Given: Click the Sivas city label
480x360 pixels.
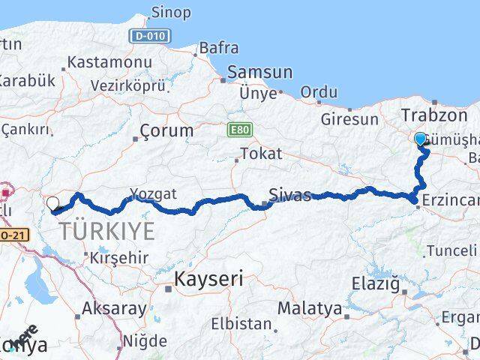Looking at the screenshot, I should (289, 196).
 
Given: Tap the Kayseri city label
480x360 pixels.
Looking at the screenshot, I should (209, 280).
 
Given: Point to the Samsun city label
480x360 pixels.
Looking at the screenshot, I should (259, 73).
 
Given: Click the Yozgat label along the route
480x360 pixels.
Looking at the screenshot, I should (153, 194).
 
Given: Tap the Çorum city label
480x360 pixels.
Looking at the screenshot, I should (167, 130).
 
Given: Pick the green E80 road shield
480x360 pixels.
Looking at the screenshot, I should (239, 130).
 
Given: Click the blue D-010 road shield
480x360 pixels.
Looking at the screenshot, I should (149, 36).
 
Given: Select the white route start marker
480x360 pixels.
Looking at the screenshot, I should (52, 202).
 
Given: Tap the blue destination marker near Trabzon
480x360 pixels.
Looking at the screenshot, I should (420, 139).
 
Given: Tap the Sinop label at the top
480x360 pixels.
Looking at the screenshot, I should (171, 13).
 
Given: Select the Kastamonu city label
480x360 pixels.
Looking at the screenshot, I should (109, 62).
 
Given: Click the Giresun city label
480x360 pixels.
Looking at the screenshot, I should (349, 119).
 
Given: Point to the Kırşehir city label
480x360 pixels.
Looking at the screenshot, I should (119, 257).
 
